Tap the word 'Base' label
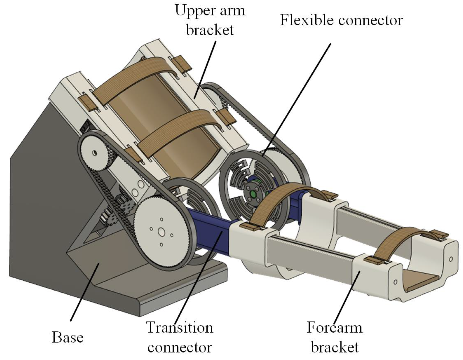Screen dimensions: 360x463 click(x=68, y=337)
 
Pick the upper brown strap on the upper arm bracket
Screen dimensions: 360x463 click(x=134, y=75)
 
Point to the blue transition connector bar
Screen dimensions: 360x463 click(x=211, y=226)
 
